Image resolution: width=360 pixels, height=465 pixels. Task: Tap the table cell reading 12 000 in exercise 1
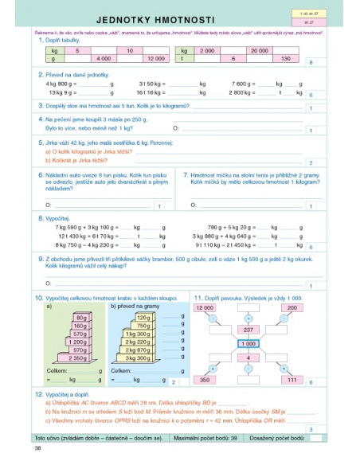click(x=155, y=59)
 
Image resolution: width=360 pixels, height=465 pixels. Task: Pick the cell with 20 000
click(x=258, y=50)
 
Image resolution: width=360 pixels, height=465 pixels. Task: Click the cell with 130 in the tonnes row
click(x=284, y=59)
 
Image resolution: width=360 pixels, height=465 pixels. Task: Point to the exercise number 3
click(x=40, y=105)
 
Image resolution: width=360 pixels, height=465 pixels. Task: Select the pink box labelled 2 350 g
click(x=78, y=358)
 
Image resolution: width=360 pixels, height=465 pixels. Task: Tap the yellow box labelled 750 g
click(x=143, y=326)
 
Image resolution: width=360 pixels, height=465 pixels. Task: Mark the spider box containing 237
click(x=248, y=329)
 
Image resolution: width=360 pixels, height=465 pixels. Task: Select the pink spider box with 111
click(x=292, y=381)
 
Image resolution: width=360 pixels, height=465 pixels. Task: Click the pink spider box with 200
click(x=292, y=307)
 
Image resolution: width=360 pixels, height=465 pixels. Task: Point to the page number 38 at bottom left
click(x=38, y=449)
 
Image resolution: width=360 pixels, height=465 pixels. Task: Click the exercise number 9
click(x=40, y=258)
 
